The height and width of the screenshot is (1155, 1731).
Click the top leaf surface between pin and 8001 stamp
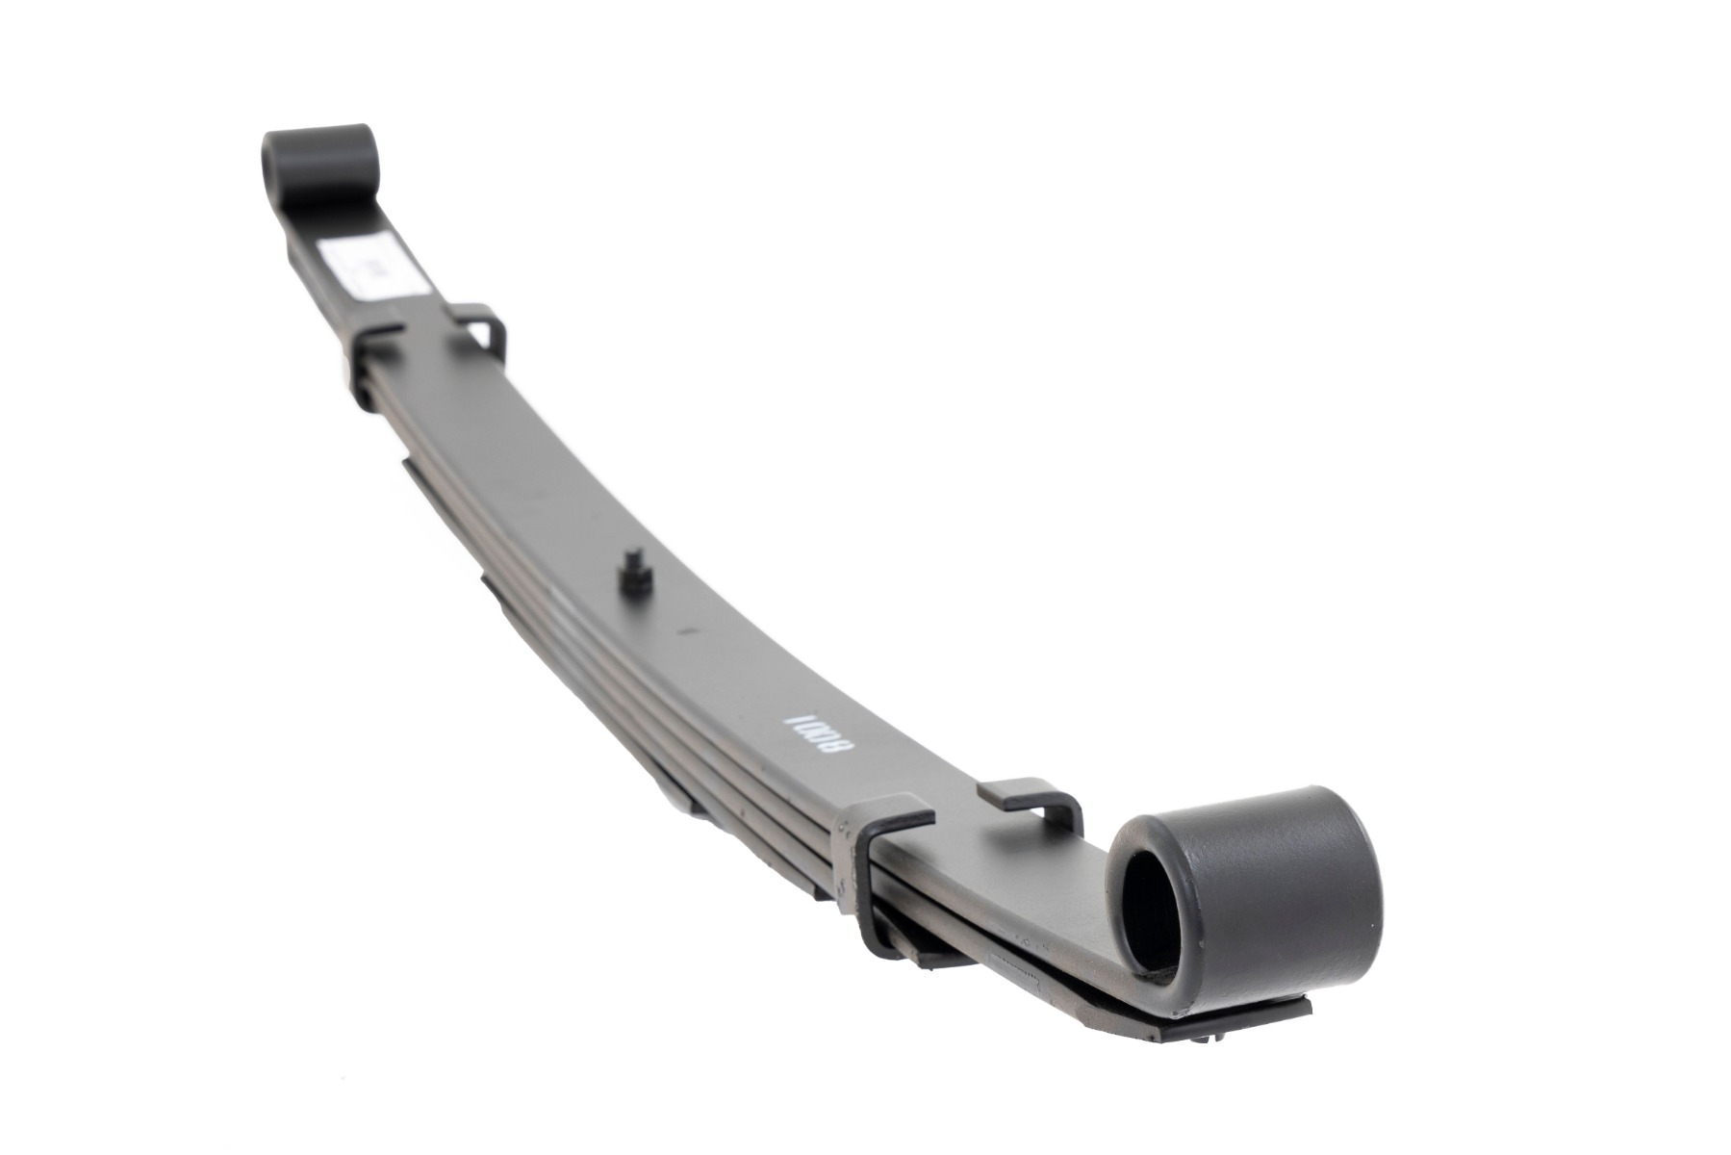(x=712, y=654)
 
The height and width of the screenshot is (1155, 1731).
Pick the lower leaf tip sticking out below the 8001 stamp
(x=674, y=770)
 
